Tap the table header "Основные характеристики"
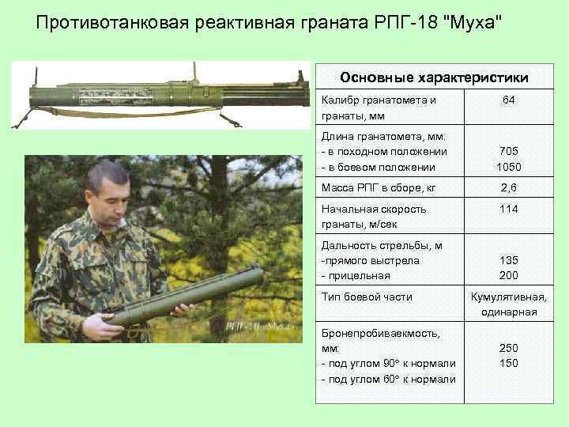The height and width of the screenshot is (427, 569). click(434, 77)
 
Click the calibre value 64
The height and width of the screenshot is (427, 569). click(510, 101)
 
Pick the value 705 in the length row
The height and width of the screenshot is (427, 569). click(510, 152)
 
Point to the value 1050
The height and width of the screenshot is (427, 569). click(510, 167)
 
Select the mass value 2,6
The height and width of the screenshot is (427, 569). click(510, 188)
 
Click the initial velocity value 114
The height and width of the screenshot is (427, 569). click(510, 210)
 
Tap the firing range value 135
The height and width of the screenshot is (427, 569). click(510, 260)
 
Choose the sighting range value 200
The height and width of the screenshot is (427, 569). click(510, 275)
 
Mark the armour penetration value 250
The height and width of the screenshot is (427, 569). click(510, 347)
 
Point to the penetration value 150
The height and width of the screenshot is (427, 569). click(510, 362)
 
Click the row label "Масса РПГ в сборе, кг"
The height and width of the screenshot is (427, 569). click(379, 188)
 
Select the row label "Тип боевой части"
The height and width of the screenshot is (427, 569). click(367, 297)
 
